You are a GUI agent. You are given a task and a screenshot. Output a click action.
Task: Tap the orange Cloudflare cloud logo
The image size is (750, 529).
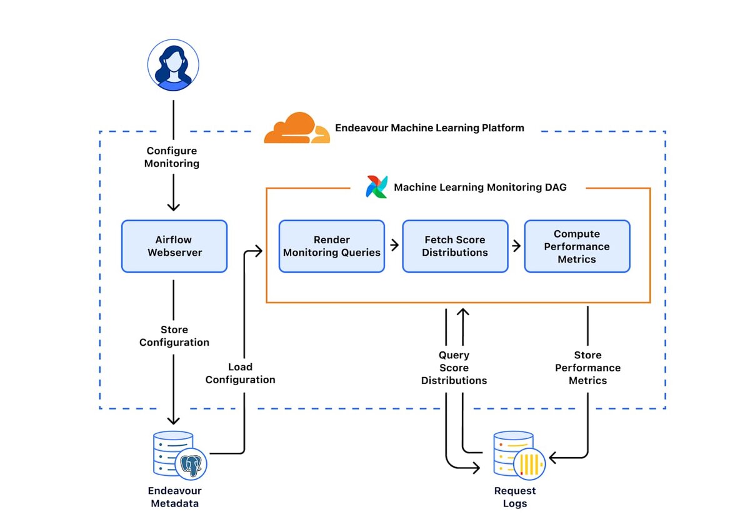(296, 128)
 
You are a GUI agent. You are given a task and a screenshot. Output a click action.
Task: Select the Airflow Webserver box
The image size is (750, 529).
(174, 246)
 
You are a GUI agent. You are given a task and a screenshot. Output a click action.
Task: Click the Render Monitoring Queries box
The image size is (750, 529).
(332, 246)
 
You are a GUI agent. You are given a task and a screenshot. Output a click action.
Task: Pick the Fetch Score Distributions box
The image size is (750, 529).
(455, 246)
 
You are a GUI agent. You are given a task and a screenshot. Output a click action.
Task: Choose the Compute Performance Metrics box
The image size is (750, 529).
(577, 246)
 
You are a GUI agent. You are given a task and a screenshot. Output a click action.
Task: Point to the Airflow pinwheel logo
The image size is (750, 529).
(377, 187)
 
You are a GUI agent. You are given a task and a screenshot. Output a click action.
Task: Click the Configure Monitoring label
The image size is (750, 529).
(172, 157)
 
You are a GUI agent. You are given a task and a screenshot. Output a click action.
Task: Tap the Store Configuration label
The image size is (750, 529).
(174, 336)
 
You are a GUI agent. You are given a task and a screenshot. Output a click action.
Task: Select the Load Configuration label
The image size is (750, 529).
(241, 373)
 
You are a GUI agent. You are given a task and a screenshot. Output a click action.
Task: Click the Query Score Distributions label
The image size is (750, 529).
(454, 368)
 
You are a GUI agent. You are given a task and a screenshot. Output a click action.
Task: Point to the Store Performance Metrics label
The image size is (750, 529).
(587, 368)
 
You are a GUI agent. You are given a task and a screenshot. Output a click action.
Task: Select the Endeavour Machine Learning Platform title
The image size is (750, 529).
(429, 128)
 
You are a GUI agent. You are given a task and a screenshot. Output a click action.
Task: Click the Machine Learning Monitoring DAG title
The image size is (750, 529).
(480, 187)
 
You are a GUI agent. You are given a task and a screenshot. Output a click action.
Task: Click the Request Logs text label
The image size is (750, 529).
(515, 497)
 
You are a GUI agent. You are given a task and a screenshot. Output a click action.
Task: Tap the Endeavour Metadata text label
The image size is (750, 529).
(175, 497)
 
